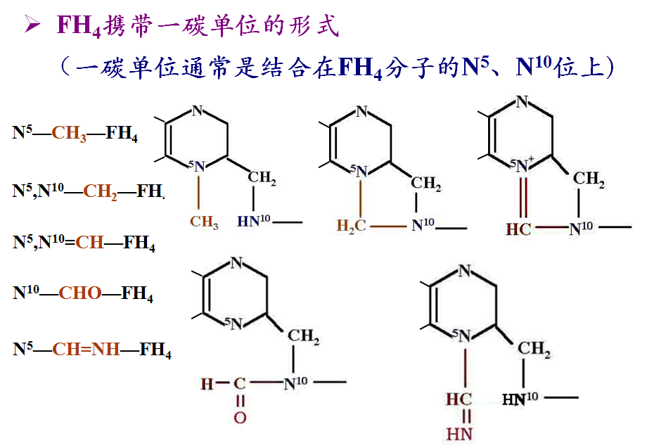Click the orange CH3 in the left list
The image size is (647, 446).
69,134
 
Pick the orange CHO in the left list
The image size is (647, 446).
80,293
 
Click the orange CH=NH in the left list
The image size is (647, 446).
87,349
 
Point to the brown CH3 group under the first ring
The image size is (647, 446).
204,222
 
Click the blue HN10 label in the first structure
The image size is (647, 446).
253,221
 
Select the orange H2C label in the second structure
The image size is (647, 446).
351,226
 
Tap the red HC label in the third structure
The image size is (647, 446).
518,229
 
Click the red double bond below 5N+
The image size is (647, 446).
523,198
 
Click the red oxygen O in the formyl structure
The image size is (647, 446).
240,418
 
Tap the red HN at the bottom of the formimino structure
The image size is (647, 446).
459,434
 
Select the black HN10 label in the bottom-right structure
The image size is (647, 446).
520,399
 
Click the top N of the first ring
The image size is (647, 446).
198,110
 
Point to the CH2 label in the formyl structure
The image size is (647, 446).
303,336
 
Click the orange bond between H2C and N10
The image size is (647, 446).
388,227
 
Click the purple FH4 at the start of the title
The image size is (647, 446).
79,25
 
